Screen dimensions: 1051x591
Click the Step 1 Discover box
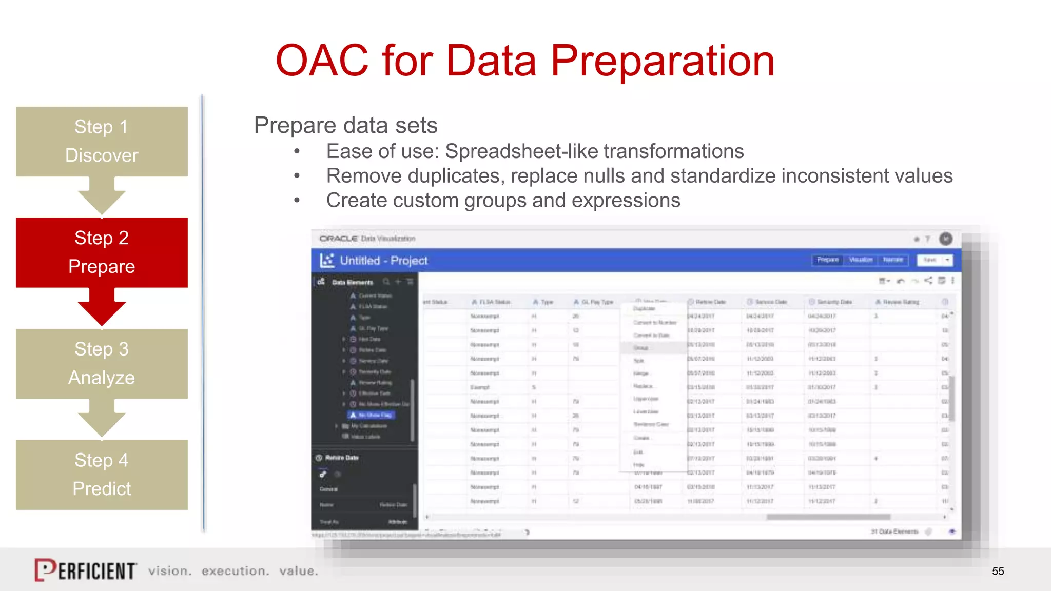tap(102, 141)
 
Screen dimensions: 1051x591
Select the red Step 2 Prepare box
tap(102, 252)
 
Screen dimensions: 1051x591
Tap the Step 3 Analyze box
tap(102, 363)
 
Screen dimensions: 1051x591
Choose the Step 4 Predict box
tap(102, 474)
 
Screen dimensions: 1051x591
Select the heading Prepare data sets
tap(345, 125)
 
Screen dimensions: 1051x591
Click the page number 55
tap(998, 571)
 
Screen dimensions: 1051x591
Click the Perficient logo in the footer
tap(85, 570)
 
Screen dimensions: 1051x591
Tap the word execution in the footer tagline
tap(235, 571)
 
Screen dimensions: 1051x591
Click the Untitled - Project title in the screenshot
tap(383, 261)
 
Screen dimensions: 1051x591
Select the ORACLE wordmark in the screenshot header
tap(338, 239)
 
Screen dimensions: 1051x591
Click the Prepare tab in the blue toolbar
tap(827, 260)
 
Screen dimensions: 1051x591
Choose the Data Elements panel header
tap(353, 282)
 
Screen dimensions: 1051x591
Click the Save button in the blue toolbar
tap(929, 260)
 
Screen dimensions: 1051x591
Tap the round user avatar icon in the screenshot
tap(945, 239)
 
